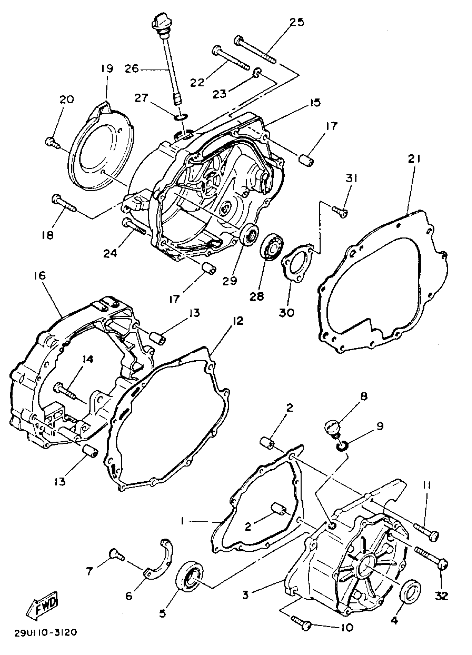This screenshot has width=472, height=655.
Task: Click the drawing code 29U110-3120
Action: [x=46, y=633]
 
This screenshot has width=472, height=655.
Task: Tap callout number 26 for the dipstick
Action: [x=132, y=69]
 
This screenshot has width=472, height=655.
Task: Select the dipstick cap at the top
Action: [x=159, y=22]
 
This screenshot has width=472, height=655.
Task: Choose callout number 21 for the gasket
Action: [x=415, y=159]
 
